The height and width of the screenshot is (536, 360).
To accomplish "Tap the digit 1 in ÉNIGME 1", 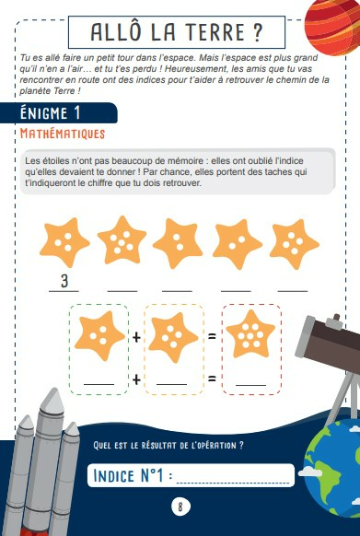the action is (77, 113).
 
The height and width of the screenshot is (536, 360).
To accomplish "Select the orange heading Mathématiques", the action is (63, 134).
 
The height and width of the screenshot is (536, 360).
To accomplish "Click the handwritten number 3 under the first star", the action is (64, 281).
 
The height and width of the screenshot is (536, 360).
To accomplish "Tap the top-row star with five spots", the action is (122, 240).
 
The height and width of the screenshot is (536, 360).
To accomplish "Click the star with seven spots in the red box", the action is (250, 334).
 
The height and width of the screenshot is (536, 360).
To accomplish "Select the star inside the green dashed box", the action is (99, 335).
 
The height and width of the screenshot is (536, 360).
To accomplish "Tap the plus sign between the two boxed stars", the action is (136, 338).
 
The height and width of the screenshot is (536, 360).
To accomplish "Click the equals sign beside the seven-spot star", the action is (213, 337).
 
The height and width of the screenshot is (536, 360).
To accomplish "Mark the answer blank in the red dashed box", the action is (251, 385).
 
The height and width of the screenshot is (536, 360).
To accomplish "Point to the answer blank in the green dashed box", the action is (99, 385).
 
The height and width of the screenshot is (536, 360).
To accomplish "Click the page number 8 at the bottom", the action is (180, 507).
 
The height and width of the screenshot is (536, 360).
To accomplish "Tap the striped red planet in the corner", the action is (332, 26).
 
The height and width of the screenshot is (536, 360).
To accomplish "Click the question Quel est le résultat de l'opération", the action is (168, 446).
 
